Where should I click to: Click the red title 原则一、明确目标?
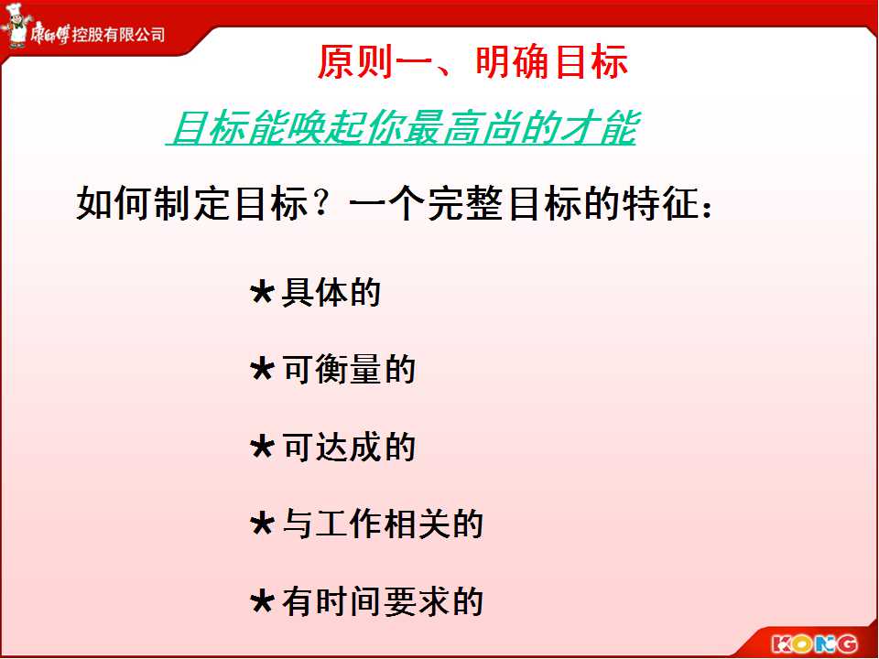[472, 61]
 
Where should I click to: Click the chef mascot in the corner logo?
[16, 26]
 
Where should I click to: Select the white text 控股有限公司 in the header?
[118, 35]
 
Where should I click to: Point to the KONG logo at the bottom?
[814, 643]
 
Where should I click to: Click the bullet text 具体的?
[331, 293]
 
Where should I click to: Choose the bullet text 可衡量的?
[349, 370]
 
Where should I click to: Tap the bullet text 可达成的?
[349, 448]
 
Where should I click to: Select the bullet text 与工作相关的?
[383, 524]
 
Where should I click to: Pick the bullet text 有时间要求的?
[383, 602]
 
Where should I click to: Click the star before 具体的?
[262, 292]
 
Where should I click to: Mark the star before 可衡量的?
[262, 369]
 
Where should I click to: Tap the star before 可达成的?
[262, 447]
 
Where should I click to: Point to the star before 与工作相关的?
[262, 524]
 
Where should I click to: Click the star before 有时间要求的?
[262, 601]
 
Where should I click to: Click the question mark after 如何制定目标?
[321, 203]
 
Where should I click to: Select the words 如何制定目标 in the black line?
[192, 203]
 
